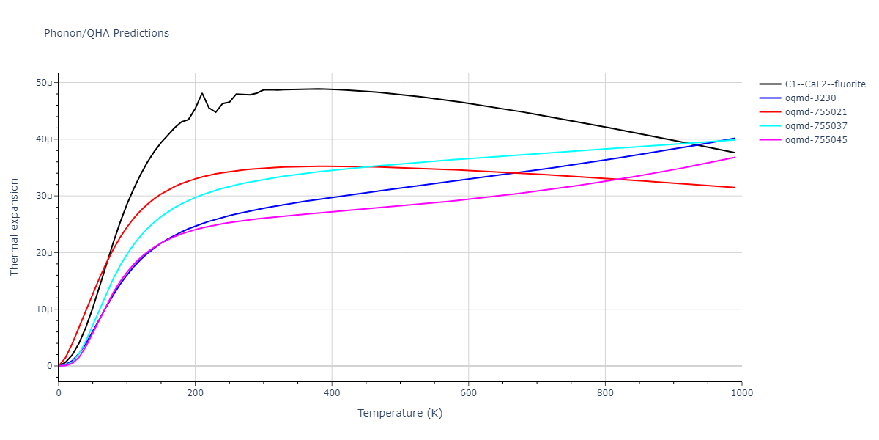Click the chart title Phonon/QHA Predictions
pos(106,33)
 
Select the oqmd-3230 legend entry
pos(809,98)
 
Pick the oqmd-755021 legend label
pos(815,112)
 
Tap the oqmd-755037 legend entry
pos(815,126)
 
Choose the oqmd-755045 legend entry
pos(815,140)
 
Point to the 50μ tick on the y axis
pos(44,83)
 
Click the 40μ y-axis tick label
pos(44,139)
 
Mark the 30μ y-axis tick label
pos(44,196)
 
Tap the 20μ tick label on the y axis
pos(44,253)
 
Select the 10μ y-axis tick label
pos(44,309)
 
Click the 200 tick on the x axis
pos(195,394)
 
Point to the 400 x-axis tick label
pos(332,394)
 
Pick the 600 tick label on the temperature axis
pos(469,394)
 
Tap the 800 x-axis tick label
pos(605,394)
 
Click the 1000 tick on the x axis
pos(741,394)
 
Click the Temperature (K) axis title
pos(400,413)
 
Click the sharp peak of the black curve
pos(202,93)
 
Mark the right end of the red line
pos(735,188)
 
